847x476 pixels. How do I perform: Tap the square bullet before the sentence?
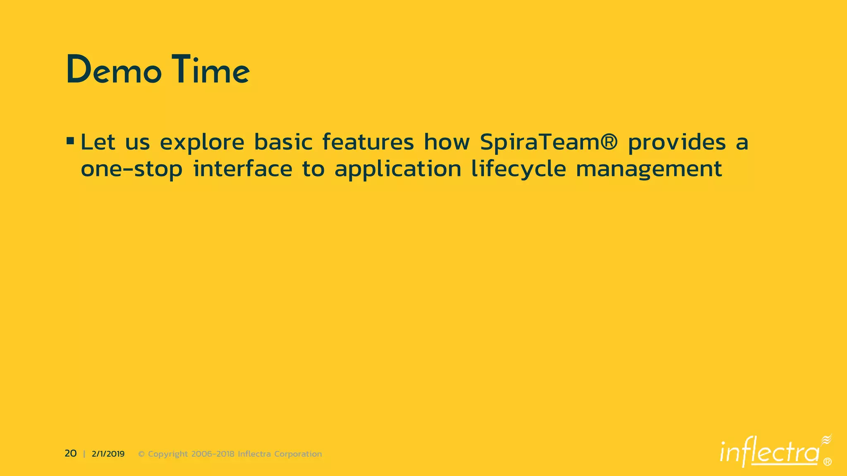pos(70,141)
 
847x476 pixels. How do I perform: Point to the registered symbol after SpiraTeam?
pos(609,142)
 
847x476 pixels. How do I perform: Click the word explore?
pos(202,143)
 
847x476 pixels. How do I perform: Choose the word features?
pos(368,142)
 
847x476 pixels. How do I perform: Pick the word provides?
pos(677,143)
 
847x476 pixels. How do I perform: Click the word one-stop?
pos(132,169)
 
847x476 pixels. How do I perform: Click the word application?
pos(398,169)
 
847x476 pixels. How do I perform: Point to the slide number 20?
pos(71,454)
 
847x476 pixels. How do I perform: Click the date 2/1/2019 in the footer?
pos(108,454)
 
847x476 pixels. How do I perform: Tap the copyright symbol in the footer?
pos(141,454)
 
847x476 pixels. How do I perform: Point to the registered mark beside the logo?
pos(828,462)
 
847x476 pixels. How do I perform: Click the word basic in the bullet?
pos(283,142)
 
